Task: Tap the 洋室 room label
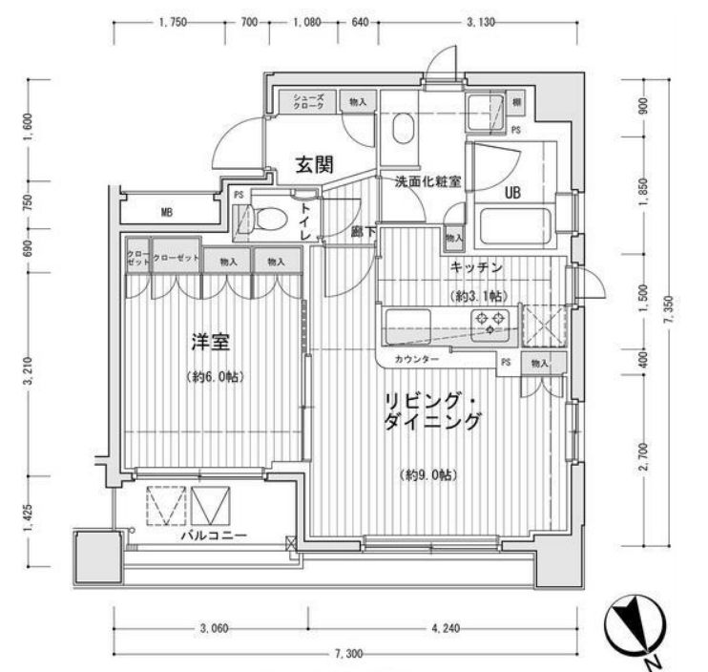pos(212,341)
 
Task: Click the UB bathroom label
pos(512,191)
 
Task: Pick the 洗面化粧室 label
pos(420,180)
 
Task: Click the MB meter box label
pos(166,211)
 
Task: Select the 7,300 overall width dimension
pos(350,654)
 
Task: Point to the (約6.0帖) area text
pos(214,377)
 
